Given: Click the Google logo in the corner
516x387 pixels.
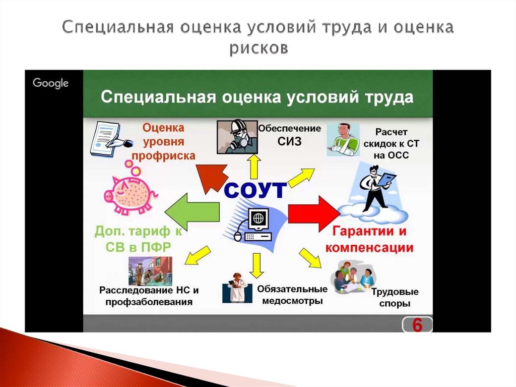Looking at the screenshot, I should [50, 83].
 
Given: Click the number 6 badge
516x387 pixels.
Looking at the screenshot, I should [417, 325].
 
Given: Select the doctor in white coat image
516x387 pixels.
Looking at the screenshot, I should [236, 288].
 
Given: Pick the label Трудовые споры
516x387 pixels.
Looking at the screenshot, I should [395, 298].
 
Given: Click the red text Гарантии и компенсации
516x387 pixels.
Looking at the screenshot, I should [369, 240].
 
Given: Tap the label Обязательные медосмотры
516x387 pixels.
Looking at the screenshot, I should [292, 295].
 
